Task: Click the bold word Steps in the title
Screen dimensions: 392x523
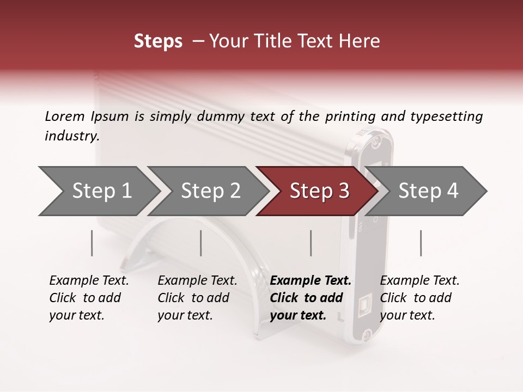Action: pyautogui.click(x=158, y=41)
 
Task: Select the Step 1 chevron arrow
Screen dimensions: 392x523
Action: pyautogui.click(x=98, y=191)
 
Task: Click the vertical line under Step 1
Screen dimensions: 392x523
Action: pyautogui.click(x=92, y=243)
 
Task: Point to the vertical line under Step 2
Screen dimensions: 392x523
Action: pyautogui.click(x=201, y=243)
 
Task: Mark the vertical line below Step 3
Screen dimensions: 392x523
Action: pyautogui.click(x=311, y=243)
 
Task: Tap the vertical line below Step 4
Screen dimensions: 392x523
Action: pyautogui.click(x=421, y=243)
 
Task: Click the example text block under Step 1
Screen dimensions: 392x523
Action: pyautogui.click(x=89, y=298)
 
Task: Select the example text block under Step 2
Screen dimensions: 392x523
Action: pyautogui.click(x=197, y=298)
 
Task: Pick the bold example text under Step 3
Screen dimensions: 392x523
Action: pyautogui.click(x=311, y=298)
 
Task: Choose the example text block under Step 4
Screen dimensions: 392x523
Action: pyautogui.click(x=419, y=298)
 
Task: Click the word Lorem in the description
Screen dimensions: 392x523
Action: pyautogui.click(x=65, y=116)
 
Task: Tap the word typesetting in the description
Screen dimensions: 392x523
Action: pyautogui.click(x=446, y=117)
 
